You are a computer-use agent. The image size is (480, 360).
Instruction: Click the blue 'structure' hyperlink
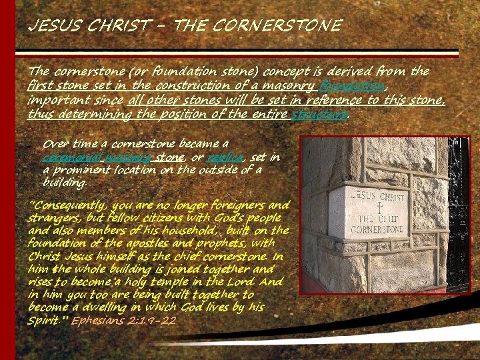[x=319, y=114]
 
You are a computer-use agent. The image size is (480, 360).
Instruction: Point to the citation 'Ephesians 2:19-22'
[x=124, y=321]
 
